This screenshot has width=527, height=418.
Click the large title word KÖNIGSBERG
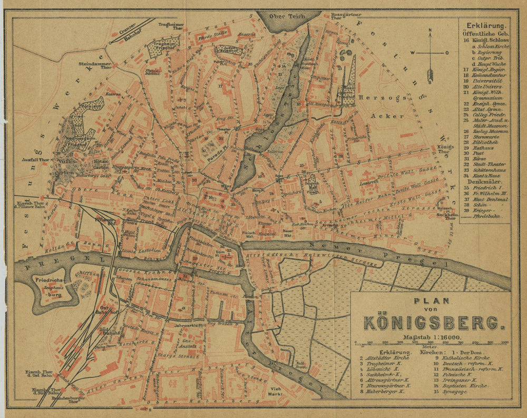[x=430, y=322]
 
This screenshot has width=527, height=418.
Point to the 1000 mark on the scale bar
[x=504, y=343]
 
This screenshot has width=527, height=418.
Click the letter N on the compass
[x=431, y=30]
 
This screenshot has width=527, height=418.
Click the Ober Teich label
[x=285, y=15]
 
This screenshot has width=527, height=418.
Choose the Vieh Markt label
[x=272, y=391]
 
